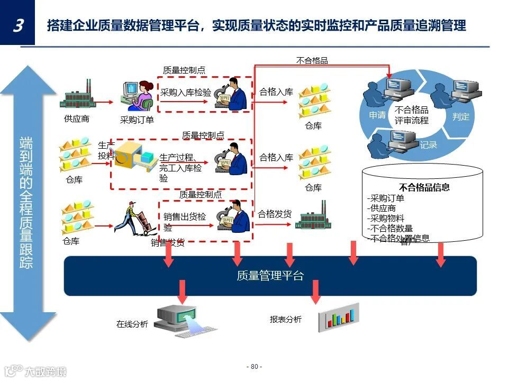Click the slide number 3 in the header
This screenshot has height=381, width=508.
tap(17, 25)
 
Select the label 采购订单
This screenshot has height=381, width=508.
tap(137, 120)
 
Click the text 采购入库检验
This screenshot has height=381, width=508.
tap(186, 93)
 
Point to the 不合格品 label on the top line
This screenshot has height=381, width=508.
tap(312, 60)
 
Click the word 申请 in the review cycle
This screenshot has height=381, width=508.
tap(377, 115)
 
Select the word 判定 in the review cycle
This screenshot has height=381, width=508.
tap(460, 116)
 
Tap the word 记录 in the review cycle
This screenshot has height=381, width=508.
tap(428, 144)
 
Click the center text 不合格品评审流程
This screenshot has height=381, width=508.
tap(411, 115)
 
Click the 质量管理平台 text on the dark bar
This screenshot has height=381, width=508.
tap(270, 276)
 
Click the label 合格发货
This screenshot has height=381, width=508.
tap(275, 214)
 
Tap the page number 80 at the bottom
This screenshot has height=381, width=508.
tap(254, 367)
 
